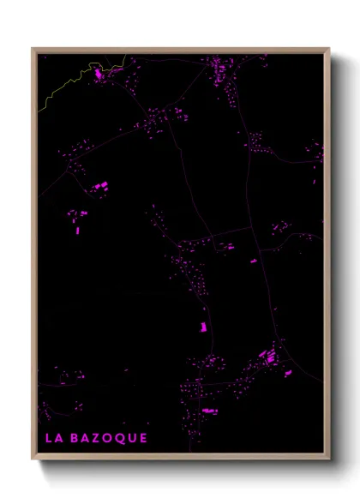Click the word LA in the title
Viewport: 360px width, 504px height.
click(x=51, y=438)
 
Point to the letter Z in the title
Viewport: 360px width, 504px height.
click(x=95, y=438)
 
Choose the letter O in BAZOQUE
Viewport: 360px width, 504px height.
click(x=107, y=438)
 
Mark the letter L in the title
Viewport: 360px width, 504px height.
click(x=47, y=438)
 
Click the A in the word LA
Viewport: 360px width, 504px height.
click(x=57, y=438)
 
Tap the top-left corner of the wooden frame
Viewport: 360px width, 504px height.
click(x=33, y=49)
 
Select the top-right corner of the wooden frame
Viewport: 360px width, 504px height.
click(x=329, y=49)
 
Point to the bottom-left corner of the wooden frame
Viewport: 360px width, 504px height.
click(x=33, y=460)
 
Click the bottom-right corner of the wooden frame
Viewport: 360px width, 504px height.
click(x=329, y=460)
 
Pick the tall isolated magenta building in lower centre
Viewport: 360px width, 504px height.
click(x=204, y=327)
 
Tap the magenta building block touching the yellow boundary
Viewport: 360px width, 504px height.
click(x=99, y=75)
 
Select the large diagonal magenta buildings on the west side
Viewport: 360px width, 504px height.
click(x=101, y=185)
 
